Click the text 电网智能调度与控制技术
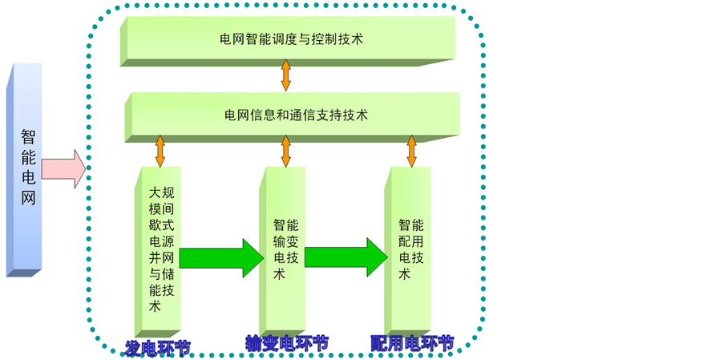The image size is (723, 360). (x=292, y=38)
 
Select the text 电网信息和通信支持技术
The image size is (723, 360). (x=296, y=115)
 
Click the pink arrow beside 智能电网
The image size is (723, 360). (x=63, y=168)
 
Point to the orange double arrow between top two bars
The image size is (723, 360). (x=285, y=75)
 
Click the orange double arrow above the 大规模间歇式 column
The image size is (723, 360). (x=160, y=151)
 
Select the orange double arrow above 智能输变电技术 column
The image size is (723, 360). (x=285, y=151)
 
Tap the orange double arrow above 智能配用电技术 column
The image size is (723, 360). (x=412, y=151)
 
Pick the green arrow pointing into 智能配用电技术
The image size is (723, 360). (x=346, y=257)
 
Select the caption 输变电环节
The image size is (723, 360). (x=286, y=343)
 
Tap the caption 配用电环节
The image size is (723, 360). (x=412, y=343)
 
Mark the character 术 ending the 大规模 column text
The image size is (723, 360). (x=156, y=306)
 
